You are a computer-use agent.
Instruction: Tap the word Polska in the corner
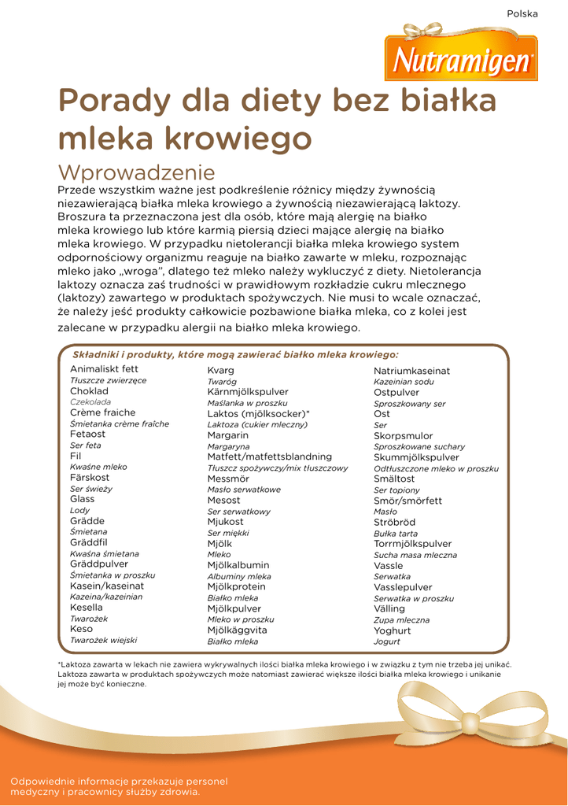(522, 13)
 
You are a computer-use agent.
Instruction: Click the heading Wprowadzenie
(136, 172)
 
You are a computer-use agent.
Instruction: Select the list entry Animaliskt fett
(104, 369)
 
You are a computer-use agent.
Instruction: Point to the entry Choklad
(89, 390)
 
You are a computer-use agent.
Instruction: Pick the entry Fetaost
(87, 434)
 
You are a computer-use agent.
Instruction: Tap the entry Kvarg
(220, 370)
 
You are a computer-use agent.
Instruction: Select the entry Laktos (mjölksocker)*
(258, 413)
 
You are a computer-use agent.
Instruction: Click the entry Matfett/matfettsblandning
(269, 457)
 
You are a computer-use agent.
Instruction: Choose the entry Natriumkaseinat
(411, 370)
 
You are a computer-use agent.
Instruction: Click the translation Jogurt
(387, 641)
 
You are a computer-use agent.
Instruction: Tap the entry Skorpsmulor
(403, 435)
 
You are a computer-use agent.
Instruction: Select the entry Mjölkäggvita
(237, 630)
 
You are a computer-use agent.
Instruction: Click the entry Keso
(81, 629)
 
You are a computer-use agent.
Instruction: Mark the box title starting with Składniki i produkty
(235, 355)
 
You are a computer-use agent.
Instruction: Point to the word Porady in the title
(112, 102)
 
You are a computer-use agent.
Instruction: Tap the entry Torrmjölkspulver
(412, 544)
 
